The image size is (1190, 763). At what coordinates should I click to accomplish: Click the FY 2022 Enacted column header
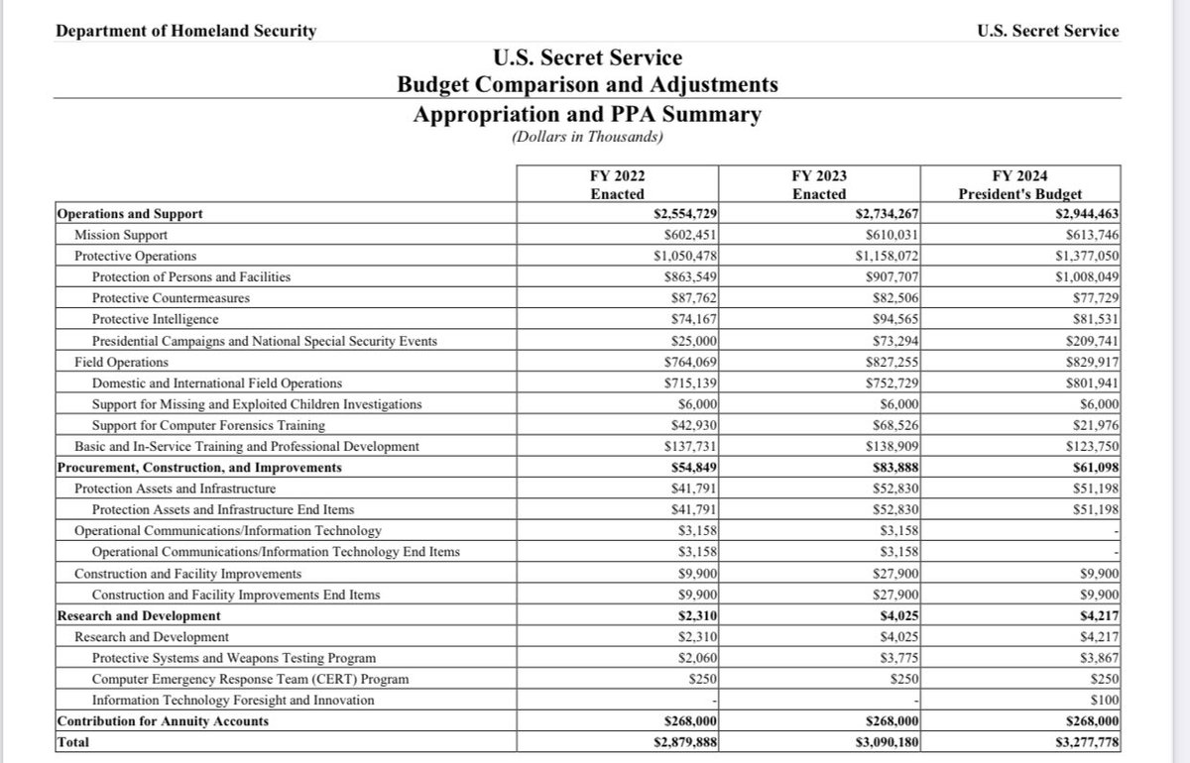coord(617,185)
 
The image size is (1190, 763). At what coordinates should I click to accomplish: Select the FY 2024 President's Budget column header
coord(1020,185)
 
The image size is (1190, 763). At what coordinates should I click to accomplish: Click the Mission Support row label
coord(121,235)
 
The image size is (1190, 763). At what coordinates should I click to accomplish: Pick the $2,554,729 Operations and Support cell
coord(685,214)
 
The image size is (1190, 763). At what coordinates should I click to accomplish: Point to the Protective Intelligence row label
coord(155,319)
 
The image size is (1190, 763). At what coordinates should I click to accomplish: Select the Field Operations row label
coord(121,362)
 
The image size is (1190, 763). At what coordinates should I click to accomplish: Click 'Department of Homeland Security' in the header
coord(186,31)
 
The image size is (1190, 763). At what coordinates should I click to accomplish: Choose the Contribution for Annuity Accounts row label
coord(163,720)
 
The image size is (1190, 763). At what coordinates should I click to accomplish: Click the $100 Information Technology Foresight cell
coord(1104,700)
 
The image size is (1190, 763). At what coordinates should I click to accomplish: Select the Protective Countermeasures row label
coord(171,298)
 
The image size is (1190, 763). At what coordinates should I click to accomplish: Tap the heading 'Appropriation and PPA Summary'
coord(587,114)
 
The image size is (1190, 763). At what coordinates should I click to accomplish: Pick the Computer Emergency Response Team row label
coord(250,679)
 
